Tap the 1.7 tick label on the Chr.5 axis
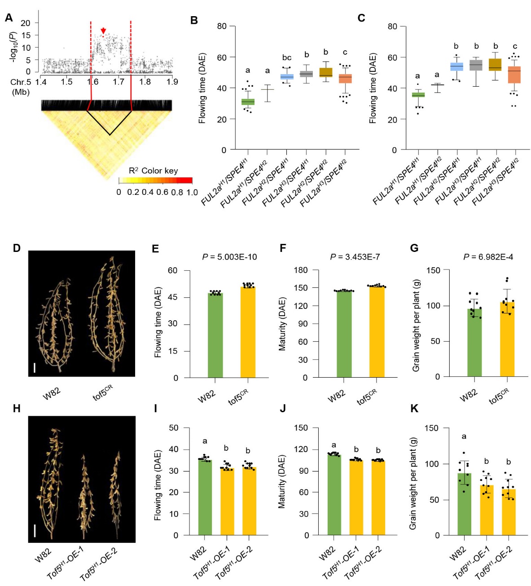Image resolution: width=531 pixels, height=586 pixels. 119,82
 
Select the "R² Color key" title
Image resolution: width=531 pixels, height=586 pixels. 153,171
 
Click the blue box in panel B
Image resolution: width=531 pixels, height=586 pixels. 287,77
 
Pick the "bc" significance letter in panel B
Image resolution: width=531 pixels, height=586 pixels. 287,57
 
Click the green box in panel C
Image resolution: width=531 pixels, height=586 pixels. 418,95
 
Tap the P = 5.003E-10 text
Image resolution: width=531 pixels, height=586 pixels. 229,257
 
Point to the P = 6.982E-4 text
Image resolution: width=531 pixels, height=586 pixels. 488,257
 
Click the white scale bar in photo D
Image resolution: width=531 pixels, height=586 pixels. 35,368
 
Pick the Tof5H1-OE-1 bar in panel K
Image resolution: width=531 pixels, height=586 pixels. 487,510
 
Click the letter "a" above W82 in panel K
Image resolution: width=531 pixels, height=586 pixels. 464,436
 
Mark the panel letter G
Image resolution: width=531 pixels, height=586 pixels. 414,248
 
